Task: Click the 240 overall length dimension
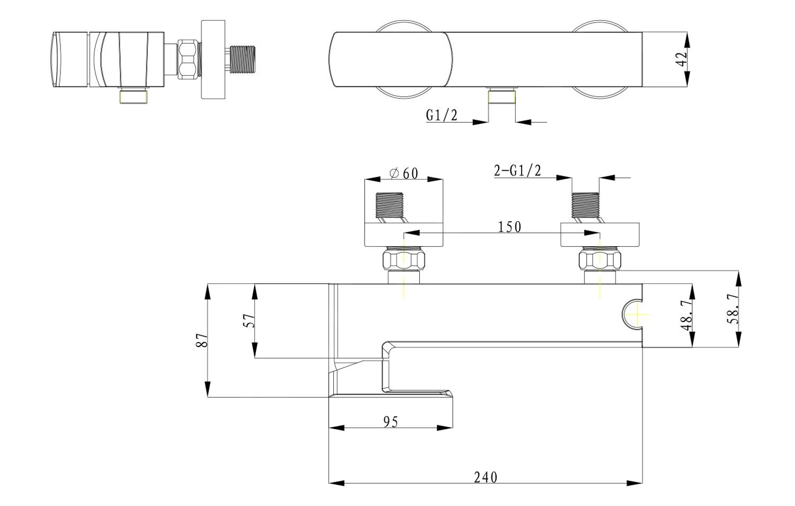click(485, 477)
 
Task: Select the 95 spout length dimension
click(390, 422)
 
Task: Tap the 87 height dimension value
click(201, 341)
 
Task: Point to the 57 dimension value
click(249, 320)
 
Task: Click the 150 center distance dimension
click(509, 227)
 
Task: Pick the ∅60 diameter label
click(404, 173)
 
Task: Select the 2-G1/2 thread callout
click(517, 171)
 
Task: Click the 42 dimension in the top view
click(683, 58)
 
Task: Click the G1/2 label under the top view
click(441, 115)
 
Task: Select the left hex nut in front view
click(404, 260)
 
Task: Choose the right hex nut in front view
click(600, 260)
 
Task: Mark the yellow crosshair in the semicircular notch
click(636, 314)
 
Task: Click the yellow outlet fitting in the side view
click(134, 97)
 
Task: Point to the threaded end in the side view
click(243, 58)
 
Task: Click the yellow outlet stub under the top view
click(502, 97)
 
